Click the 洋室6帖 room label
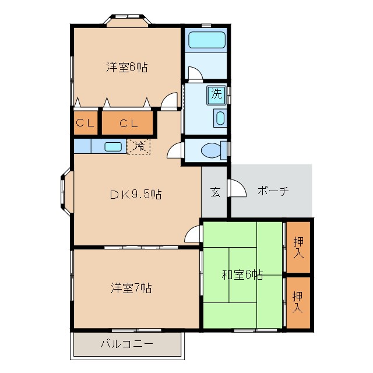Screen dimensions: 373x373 click(x=126, y=67)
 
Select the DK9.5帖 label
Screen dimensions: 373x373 click(x=135, y=195)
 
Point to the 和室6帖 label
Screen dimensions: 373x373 click(x=242, y=274)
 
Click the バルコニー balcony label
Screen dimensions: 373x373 click(x=127, y=344)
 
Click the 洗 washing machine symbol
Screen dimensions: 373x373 click(x=216, y=93)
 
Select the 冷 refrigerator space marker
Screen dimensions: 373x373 click(x=139, y=146)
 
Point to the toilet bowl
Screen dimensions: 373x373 click(x=211, y=150)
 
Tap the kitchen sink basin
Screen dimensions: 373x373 click(x=113, y=146)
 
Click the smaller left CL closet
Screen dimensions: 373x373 click(x=86, y=123)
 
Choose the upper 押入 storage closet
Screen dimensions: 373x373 click(x=298, y=247)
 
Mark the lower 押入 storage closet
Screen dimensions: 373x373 click(x=298, y=302)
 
